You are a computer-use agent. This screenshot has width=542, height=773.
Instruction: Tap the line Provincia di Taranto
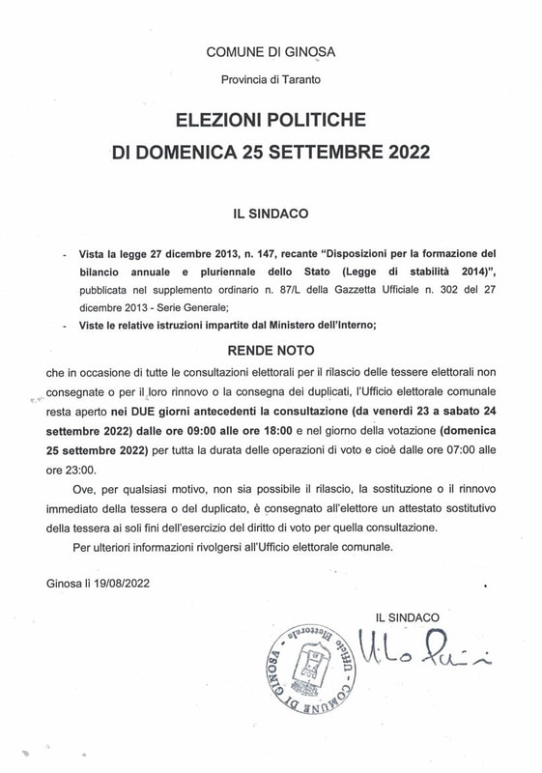click(271, 80)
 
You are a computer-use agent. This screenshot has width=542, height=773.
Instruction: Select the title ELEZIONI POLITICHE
click(271, 121)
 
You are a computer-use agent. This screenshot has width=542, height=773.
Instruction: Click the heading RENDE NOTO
click(271, 351)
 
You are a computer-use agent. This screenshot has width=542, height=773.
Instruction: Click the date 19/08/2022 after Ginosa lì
click(119, 584)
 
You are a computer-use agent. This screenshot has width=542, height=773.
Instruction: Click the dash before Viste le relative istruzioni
click(64, 327)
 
